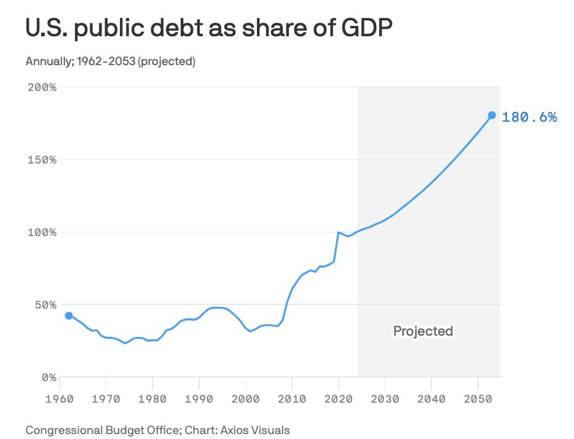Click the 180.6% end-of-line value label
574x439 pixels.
pos(529,117)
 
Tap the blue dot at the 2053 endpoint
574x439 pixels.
pos(492,115)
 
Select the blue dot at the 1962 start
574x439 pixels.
pos(69,315)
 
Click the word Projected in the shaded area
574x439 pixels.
pos(423,331)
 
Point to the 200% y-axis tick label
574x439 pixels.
pos(42,87)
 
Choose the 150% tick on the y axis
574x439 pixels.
pos(42,160)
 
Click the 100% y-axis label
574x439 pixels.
pos(42,232)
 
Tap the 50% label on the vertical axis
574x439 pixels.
pos(45,305)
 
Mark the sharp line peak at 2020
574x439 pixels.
pos(338,232)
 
